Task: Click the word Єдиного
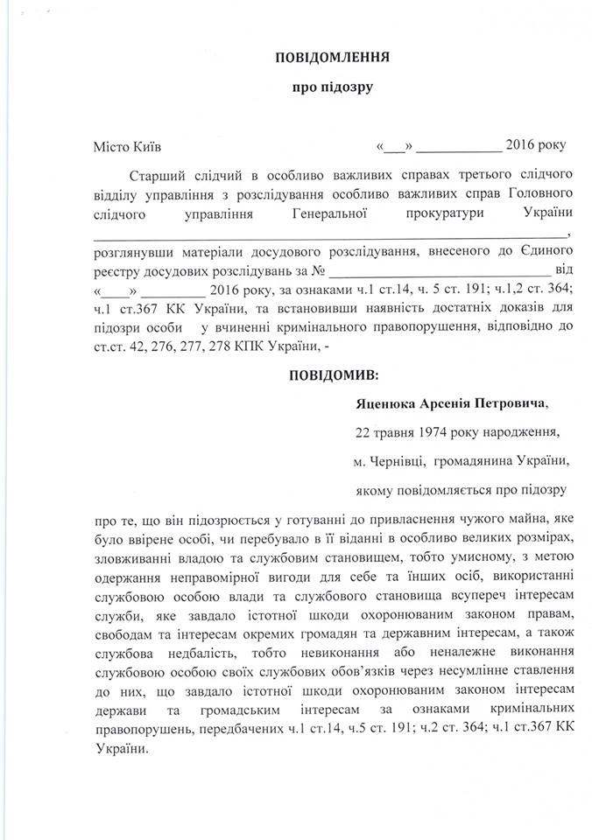coord(540,251)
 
